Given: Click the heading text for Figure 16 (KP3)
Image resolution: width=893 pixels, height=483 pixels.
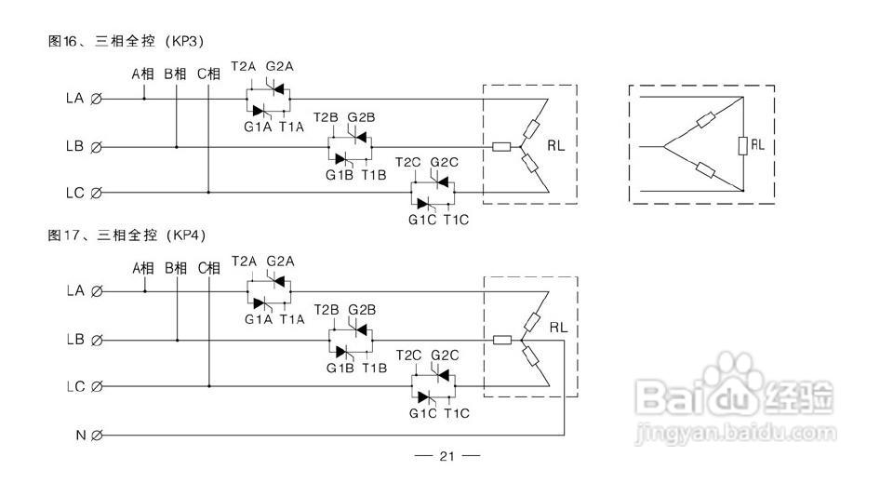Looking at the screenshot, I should tap(126, 41).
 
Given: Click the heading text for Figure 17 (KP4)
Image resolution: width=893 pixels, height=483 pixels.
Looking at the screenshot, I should tap(126, 235).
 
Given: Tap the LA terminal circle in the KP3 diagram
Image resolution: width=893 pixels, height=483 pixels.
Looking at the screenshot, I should tap(96, 98).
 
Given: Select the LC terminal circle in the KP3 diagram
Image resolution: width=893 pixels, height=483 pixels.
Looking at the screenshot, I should tap(96, 193).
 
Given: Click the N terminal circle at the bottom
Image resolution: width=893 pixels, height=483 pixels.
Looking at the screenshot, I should tap(96, 435).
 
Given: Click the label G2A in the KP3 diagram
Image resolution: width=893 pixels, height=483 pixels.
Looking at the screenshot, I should tap(279, 67).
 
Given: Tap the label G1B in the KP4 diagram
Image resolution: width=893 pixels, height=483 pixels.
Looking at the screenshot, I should tap(339, 368).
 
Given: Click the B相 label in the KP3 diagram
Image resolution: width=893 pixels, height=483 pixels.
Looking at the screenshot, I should tap(175, 73).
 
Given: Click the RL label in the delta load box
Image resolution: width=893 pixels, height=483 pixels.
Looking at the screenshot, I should tap(758, 145).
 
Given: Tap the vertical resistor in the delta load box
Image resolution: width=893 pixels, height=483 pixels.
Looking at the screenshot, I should tap(742, 145).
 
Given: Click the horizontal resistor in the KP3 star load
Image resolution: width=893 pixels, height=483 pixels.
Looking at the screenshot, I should tap(501, 146).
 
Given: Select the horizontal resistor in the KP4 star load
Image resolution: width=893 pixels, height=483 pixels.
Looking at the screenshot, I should tap(502, 340).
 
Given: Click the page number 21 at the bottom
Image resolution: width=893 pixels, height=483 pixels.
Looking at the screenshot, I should tap(446, 456).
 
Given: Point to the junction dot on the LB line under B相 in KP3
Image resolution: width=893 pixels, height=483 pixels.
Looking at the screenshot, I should tap(176, 146).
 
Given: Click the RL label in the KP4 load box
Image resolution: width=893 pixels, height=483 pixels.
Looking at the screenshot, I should tap(558, 328).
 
